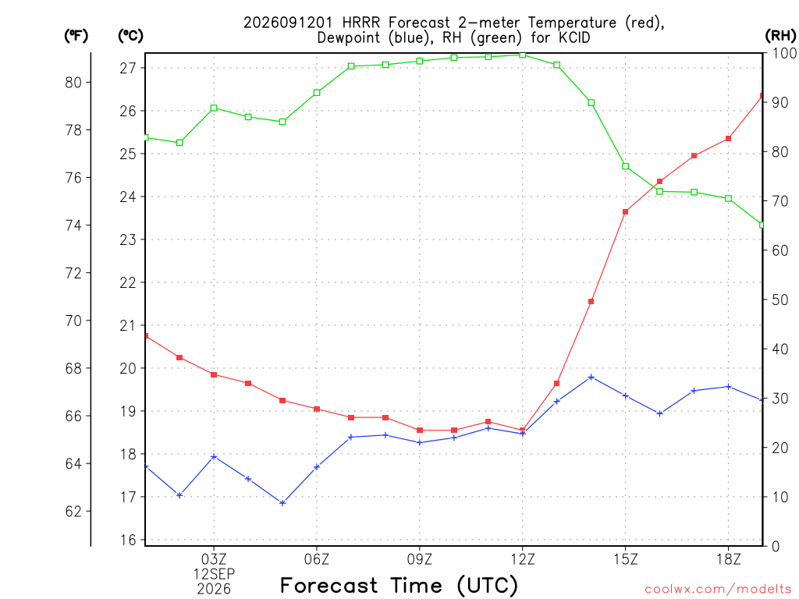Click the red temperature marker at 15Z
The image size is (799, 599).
[x=625, y=212]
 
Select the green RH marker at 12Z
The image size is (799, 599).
[x=522, y=55]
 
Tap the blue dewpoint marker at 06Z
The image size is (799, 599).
[x=317, y=466]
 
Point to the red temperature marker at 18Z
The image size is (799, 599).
[x=728, y=139]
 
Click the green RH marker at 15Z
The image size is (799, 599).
[x=625, y=166]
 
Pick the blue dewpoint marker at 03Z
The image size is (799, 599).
[x=214, y=457]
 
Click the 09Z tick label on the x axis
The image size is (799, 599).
[x=419, y=559]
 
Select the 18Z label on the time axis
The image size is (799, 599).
[x=729, y=559]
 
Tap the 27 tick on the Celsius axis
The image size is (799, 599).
[x=128, y=69]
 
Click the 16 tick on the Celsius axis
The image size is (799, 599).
[x=128, y=540]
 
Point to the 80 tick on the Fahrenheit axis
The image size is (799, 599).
[x=73, y=83]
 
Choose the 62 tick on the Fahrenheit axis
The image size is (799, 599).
[x=73, y=512]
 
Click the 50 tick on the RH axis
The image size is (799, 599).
[x=779, y=299]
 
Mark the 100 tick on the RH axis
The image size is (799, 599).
[x=784, y=53]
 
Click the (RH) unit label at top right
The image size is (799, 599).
[x=780, y=36]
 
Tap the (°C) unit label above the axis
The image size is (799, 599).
[x=130, y=36]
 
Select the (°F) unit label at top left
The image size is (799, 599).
[x=76, y=36]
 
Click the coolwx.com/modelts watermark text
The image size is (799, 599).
[x=718, y=590]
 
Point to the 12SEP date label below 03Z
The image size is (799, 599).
[x=214, y=574]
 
